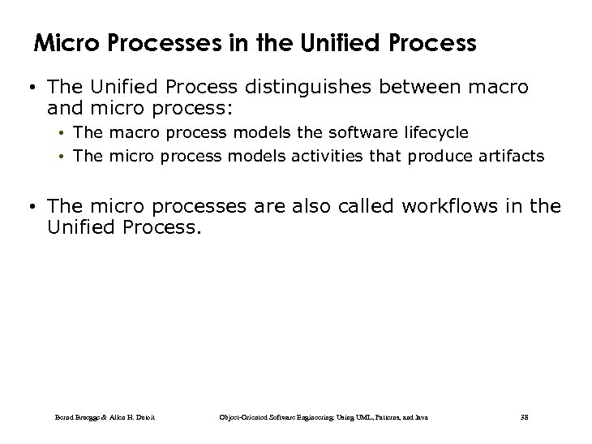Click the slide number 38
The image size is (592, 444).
pos(523,417)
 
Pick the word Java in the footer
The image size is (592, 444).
pos(420,417)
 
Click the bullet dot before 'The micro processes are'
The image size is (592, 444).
pos(32,207)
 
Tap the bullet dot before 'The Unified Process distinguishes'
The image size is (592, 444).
pos(32,87)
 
